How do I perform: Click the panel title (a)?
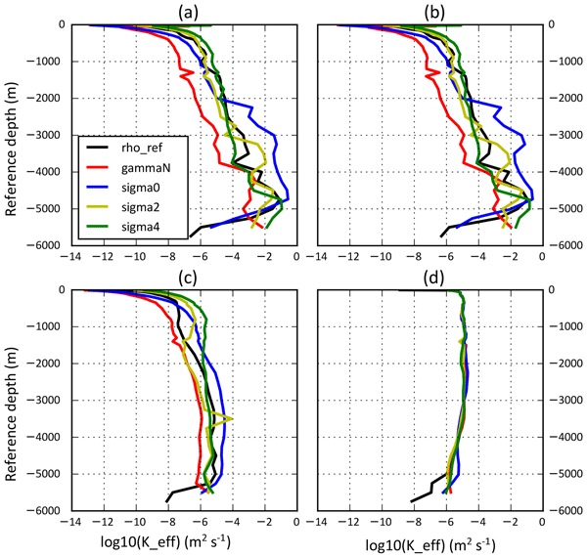(x=184, y=11)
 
